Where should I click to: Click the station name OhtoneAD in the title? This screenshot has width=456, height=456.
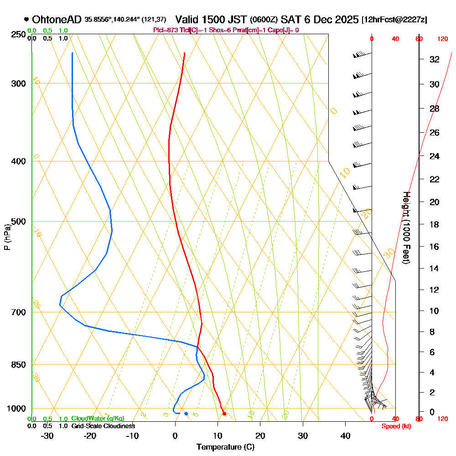(57, 20)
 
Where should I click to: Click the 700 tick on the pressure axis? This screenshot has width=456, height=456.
(18, 312)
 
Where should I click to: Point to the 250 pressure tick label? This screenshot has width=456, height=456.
(18, 34)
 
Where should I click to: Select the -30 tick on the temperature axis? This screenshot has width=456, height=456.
(47, 435)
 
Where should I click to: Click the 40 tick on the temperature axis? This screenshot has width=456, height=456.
(345, 435)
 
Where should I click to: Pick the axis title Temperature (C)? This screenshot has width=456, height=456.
(225, 447)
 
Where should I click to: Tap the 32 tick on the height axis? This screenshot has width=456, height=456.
(435, 59)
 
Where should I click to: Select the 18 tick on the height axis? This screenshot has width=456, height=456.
(435, 224)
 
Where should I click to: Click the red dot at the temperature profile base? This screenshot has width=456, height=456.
(224, 414)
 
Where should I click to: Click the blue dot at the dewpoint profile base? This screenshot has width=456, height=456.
(186, 414)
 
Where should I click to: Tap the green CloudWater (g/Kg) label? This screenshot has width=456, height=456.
(98, 419)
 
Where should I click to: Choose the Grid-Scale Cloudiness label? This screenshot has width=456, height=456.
(103, 426)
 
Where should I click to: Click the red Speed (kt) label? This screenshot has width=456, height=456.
(394, 426)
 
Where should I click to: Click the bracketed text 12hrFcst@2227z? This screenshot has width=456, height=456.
(394, 20)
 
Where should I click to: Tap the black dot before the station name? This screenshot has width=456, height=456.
(26, 20)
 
